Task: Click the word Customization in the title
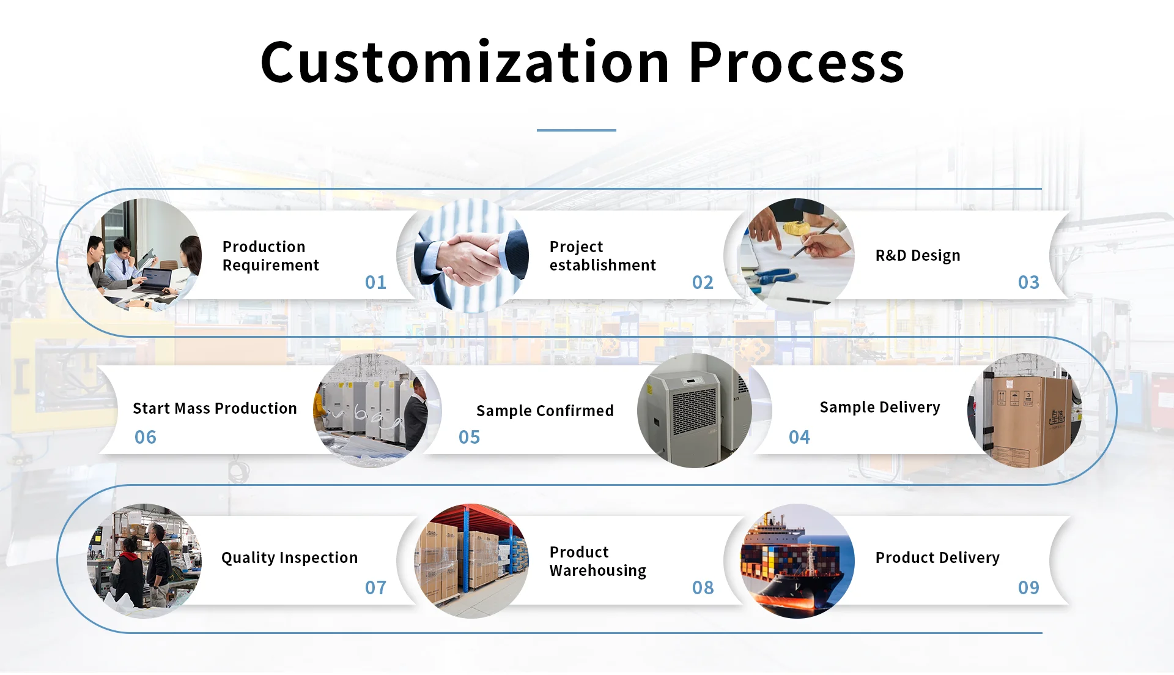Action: coord(465,62)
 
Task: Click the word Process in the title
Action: coord(797,62)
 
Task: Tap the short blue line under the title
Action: coord(576,130)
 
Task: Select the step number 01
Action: coord(375,282)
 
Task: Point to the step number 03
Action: coord(1028,282)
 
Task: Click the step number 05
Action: coord(469,437)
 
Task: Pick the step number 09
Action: coord(1028,587)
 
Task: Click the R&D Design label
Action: coord(918,255)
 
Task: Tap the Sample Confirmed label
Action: coord(545,411)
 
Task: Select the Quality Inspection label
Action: coord(289,558)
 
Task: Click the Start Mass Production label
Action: coord(215,408)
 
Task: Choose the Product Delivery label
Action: coord(937,558)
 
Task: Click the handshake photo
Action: coord(471,255)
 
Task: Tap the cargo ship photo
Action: coord(797,561)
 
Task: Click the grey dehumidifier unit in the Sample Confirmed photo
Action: coord(692,416)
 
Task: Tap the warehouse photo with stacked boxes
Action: coord(471,561)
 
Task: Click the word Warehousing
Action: coord(597,571)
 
